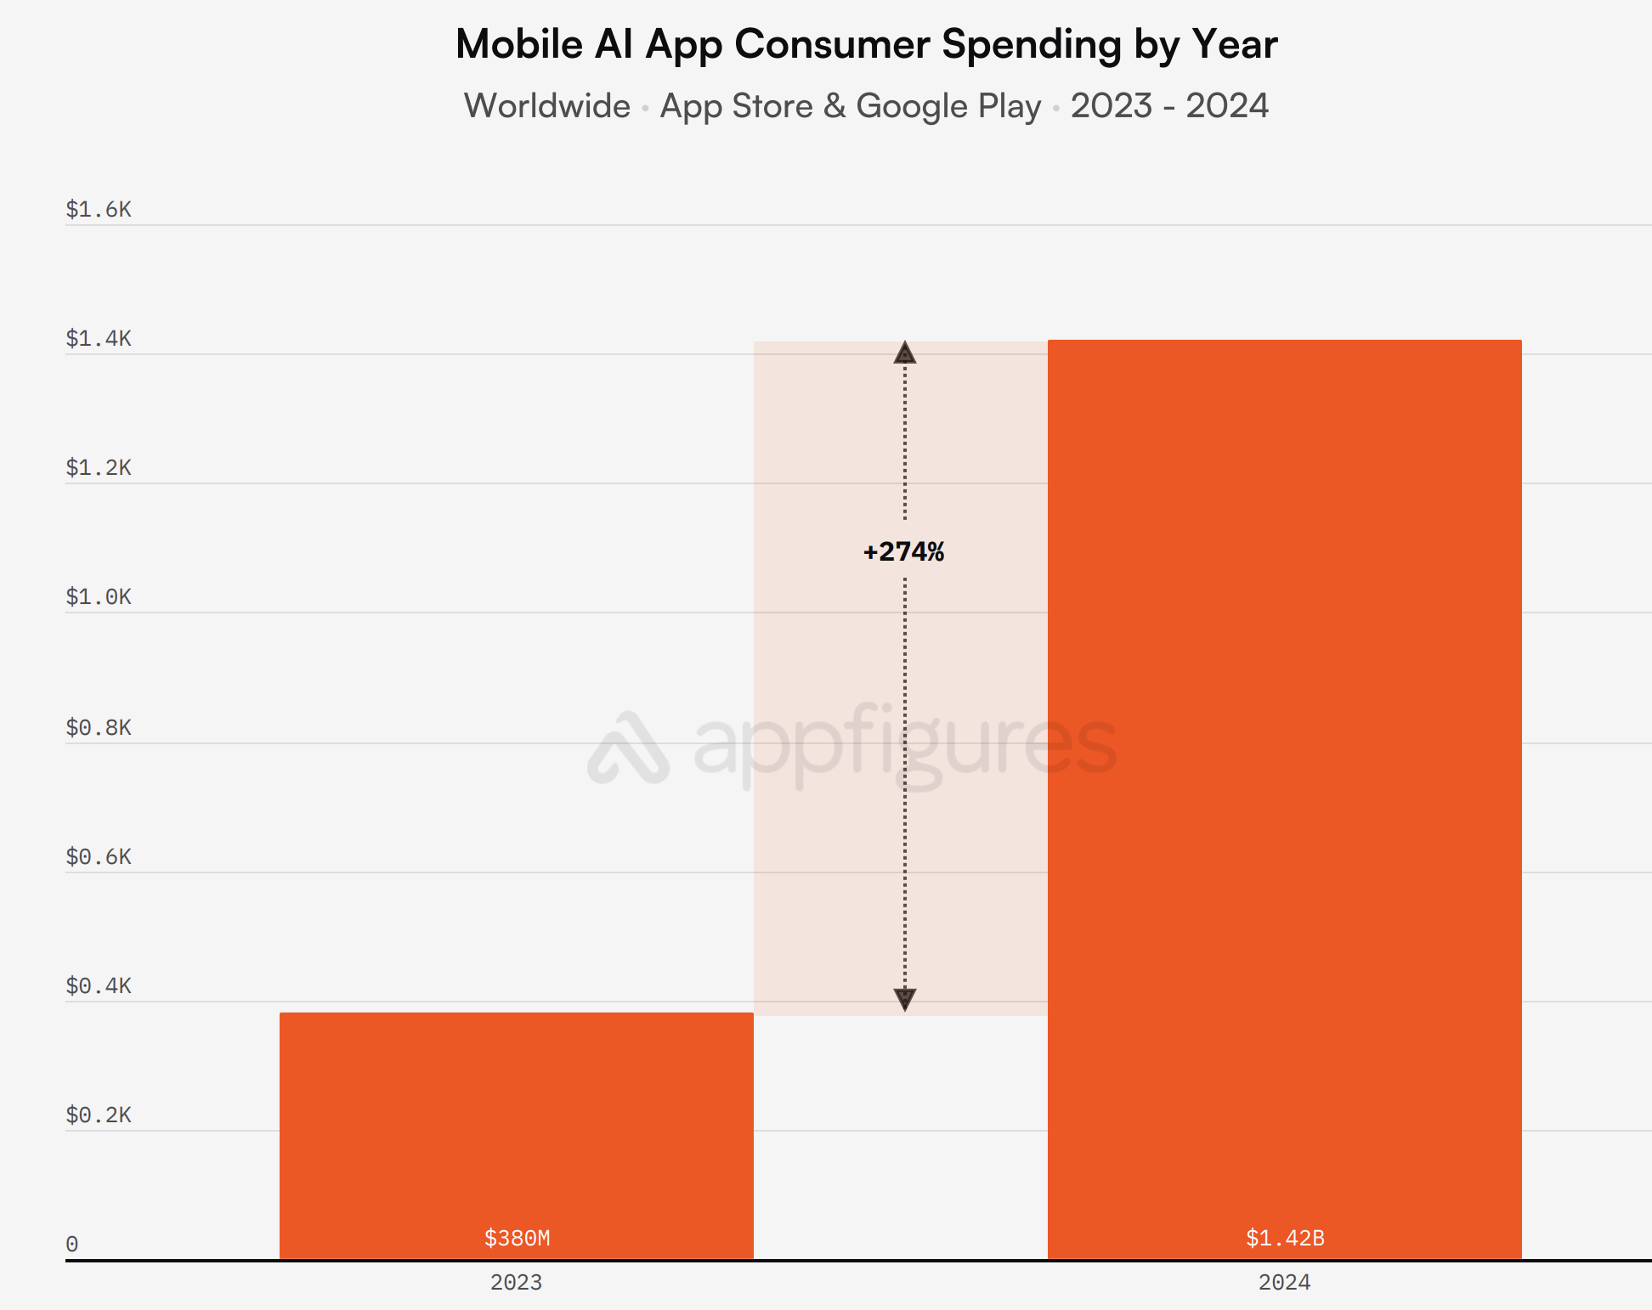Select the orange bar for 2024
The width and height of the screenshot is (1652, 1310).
point(1284,765)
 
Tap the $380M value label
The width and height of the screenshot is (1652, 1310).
point(517,1238)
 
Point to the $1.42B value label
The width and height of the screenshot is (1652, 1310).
point(1285,1238)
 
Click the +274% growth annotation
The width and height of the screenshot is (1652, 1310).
point(903,552)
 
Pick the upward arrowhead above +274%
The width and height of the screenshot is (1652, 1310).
point(905,353)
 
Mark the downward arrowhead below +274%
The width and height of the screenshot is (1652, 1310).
point(905,999)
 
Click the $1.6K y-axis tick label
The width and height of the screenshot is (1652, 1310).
point(99,209)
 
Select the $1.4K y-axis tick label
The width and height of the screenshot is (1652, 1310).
point(99,338)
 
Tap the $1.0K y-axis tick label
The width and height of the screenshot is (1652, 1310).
point(99,596)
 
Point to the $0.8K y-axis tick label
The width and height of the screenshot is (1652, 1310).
point(99,727)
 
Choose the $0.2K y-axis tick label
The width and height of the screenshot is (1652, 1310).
point(99,1115)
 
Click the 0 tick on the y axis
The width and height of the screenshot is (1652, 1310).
point(72,1244)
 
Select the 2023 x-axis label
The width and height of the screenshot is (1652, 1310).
point(516,1282)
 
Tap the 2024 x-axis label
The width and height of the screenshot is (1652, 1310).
point(1284,1282)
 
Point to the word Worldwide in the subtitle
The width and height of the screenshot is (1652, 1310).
point(547,106)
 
